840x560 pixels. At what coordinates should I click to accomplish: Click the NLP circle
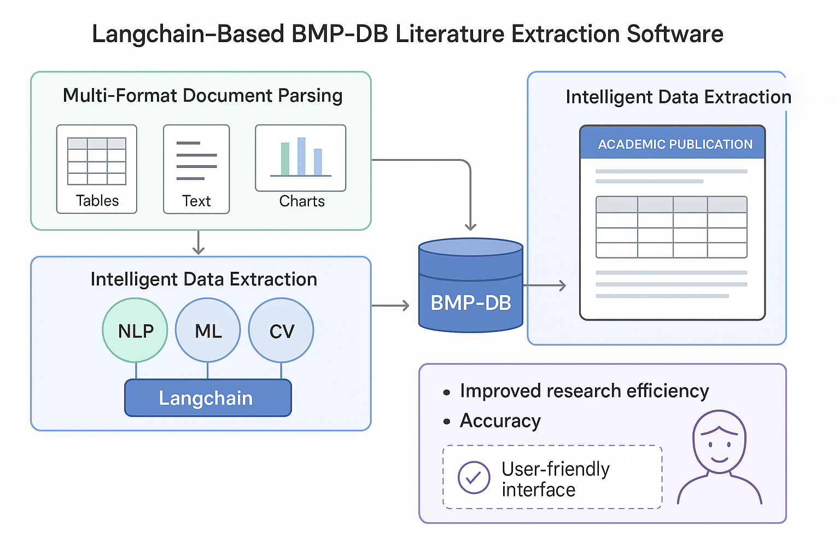tap(135, 330)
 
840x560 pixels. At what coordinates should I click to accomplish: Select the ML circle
tap(208, 330)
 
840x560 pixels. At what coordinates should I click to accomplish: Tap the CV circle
tap(281, 330)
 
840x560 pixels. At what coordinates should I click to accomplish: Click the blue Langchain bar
tap(208, 398)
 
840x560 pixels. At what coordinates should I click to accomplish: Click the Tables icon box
tap(97, 169)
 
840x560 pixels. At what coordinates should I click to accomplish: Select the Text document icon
tap(196, 169)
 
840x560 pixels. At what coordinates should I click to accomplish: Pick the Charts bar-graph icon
tap(301, 159)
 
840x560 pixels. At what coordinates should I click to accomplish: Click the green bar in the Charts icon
tap(285, 159)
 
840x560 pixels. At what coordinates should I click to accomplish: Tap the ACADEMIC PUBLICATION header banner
tap(673, 144)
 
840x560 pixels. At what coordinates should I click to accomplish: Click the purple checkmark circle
tap(474, 477)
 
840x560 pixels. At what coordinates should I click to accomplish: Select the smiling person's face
tap(719, 441)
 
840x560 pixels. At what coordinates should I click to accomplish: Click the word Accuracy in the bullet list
tap(500, 421)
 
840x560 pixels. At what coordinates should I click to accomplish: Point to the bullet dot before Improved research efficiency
tap(447, 392)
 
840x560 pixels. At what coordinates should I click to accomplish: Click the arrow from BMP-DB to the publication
tap(544, 285)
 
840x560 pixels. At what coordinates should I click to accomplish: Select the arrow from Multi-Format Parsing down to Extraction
tap(199, 242)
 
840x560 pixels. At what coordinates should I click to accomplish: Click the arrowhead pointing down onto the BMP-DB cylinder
tap(470, 226)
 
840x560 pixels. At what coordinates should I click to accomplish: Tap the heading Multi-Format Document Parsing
tap(202, 96)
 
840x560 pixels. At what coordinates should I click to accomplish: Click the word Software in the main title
tap(675, 34)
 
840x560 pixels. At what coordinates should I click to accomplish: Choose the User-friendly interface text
tap(555, 479)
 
